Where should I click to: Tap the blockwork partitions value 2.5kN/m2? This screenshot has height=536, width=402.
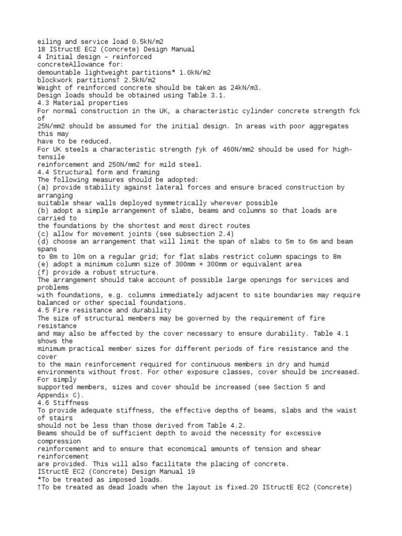(137, 80)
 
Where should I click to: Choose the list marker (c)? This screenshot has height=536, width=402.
(43, 233)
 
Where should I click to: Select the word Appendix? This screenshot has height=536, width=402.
(52, 395)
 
